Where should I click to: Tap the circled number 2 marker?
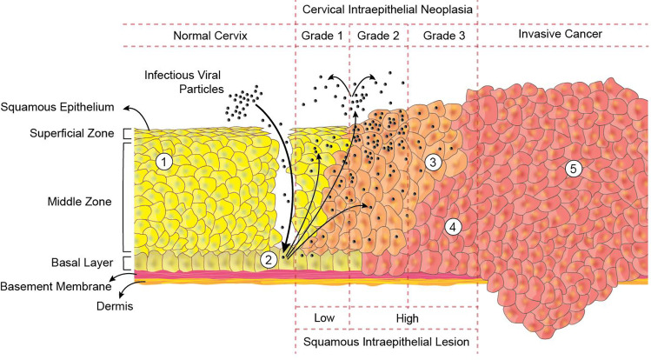click(270, 258)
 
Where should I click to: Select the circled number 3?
click(435, 161)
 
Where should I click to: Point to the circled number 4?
click(451, 226)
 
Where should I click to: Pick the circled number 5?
click(572, 169)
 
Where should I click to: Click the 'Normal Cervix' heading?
click(211, 35)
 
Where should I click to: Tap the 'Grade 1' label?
click(322, 35)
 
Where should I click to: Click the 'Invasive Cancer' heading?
click(560, 35)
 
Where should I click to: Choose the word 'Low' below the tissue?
click(323, 318)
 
